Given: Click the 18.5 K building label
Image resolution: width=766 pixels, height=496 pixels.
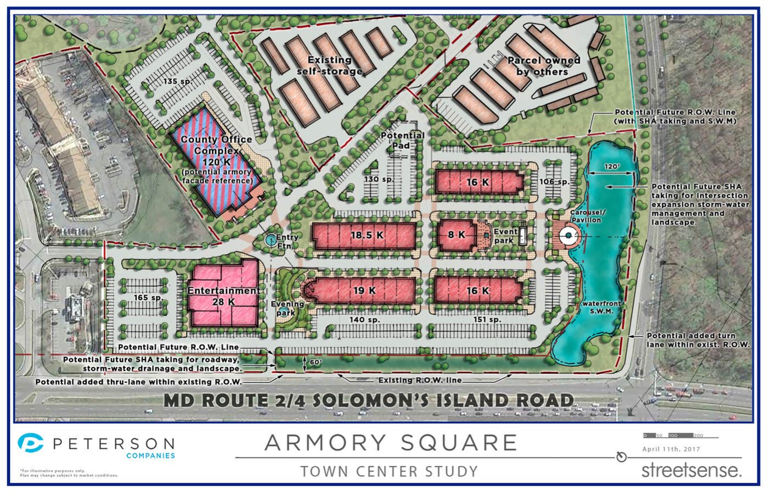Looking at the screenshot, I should point(367,236).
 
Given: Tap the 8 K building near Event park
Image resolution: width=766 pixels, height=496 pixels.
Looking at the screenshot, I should point(457,235).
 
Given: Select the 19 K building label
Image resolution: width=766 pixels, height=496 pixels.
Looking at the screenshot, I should point(365,291).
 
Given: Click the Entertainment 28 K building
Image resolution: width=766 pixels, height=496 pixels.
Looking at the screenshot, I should point(223,296).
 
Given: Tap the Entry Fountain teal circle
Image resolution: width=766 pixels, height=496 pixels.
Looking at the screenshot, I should point(270,240).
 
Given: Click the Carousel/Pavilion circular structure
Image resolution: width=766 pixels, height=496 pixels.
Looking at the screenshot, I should point(569,236).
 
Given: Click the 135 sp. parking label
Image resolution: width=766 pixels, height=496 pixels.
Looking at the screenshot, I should point(178,81).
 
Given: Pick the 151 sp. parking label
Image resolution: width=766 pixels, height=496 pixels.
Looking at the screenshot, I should point(487,320).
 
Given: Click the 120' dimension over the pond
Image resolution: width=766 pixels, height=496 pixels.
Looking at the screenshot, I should point(612,167).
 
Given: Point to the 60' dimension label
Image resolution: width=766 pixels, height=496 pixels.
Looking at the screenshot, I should point(315,363).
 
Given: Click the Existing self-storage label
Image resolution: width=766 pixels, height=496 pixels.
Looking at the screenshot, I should point(329,65).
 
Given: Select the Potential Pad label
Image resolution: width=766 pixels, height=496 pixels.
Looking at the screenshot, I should point(402,140).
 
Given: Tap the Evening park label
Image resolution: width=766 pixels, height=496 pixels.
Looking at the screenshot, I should point(287,308).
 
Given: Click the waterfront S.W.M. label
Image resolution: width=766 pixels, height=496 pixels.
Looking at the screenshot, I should point(601,307).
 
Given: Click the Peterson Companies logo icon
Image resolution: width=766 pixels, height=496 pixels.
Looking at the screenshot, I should point(31,443).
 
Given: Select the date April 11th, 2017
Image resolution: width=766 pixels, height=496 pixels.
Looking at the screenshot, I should point(671,449).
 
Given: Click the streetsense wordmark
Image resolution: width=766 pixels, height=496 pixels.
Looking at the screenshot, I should point(691,470).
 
